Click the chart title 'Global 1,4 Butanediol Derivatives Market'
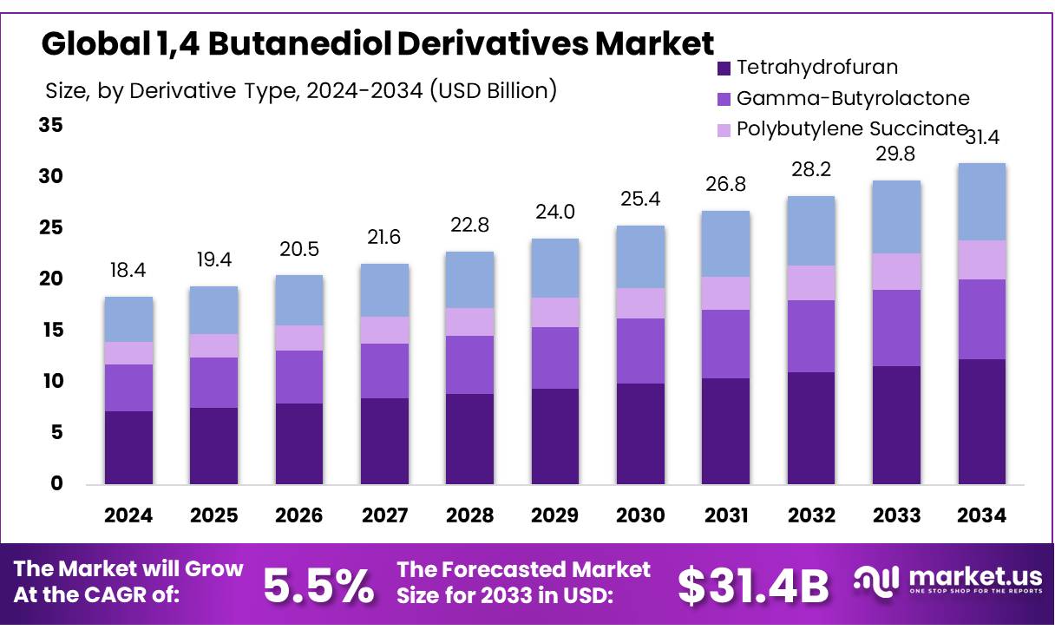point(377,43)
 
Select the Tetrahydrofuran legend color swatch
point(723,68)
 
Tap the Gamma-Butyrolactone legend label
point(853,99)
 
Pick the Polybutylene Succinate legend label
point(851,129)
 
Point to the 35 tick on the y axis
point(51,126)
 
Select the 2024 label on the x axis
point(128,515)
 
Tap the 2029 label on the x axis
point(555,515)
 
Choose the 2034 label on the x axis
point(982,515)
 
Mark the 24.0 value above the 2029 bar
point(555,213)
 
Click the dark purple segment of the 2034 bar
point(982,421)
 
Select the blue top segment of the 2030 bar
point(640,257)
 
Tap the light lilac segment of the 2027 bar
point(384,330)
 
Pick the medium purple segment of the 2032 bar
point(811,336)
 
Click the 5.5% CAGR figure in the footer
point(318,587)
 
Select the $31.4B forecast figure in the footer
point(753,587)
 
